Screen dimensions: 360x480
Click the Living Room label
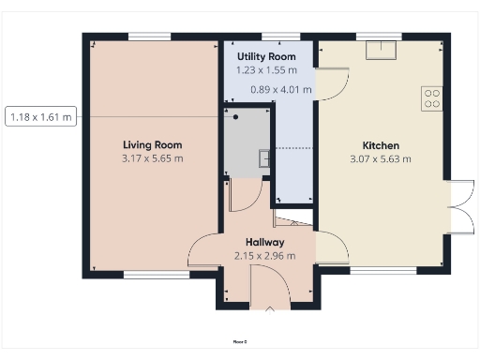pos(152,145)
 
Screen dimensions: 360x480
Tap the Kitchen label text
pos(381,145)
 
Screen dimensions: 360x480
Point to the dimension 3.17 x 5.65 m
pos(152,158)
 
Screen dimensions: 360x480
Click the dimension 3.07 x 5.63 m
pos(381,158)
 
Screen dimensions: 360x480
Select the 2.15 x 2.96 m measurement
pos(265,255)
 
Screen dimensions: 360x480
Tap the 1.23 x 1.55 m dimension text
pos(266,70)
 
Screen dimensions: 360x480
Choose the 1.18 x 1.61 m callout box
pos(40,117)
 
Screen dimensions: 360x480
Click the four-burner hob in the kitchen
pos(432,97)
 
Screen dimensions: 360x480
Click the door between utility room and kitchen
pos(333,84)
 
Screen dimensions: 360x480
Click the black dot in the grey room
pos(236,117)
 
